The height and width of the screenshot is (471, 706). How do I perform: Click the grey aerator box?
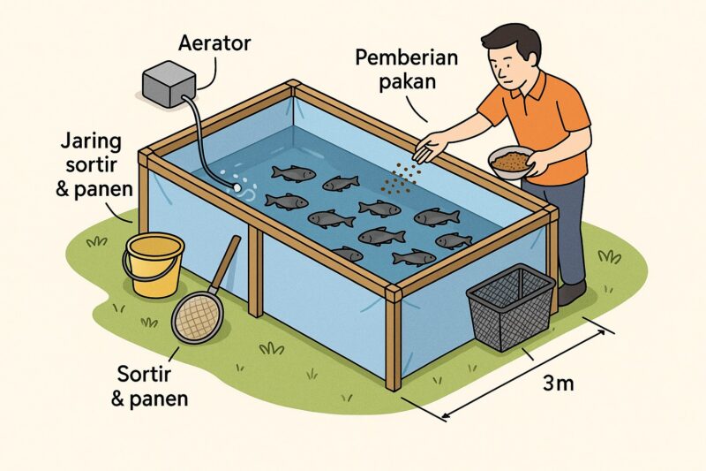[x=169, y=84]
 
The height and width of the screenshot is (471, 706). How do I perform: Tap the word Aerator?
[x=214, y=42]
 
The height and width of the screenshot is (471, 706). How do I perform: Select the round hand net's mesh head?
[x=198, y=317]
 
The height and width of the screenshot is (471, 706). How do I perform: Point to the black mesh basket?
[x=511, y=307]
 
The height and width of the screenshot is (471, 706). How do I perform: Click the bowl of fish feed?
[x=511, y=163]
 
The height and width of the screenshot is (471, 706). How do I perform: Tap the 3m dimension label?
[x=559, y=384]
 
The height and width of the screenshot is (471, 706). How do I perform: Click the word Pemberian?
[x=406, y=58]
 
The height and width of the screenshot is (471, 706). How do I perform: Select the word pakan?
[x=408, y=82]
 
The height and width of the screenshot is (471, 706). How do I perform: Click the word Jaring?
[x=91, y=141]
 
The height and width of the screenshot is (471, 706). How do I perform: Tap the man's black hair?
[x=514, y=40]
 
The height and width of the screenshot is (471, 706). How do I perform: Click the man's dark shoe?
[x=571, y=293]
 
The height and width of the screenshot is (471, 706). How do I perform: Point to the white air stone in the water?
[x=237, y=188]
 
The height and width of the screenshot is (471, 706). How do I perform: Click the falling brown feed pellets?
[x=401, y=179]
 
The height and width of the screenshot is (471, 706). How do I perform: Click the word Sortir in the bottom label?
[x=144, y=374]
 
